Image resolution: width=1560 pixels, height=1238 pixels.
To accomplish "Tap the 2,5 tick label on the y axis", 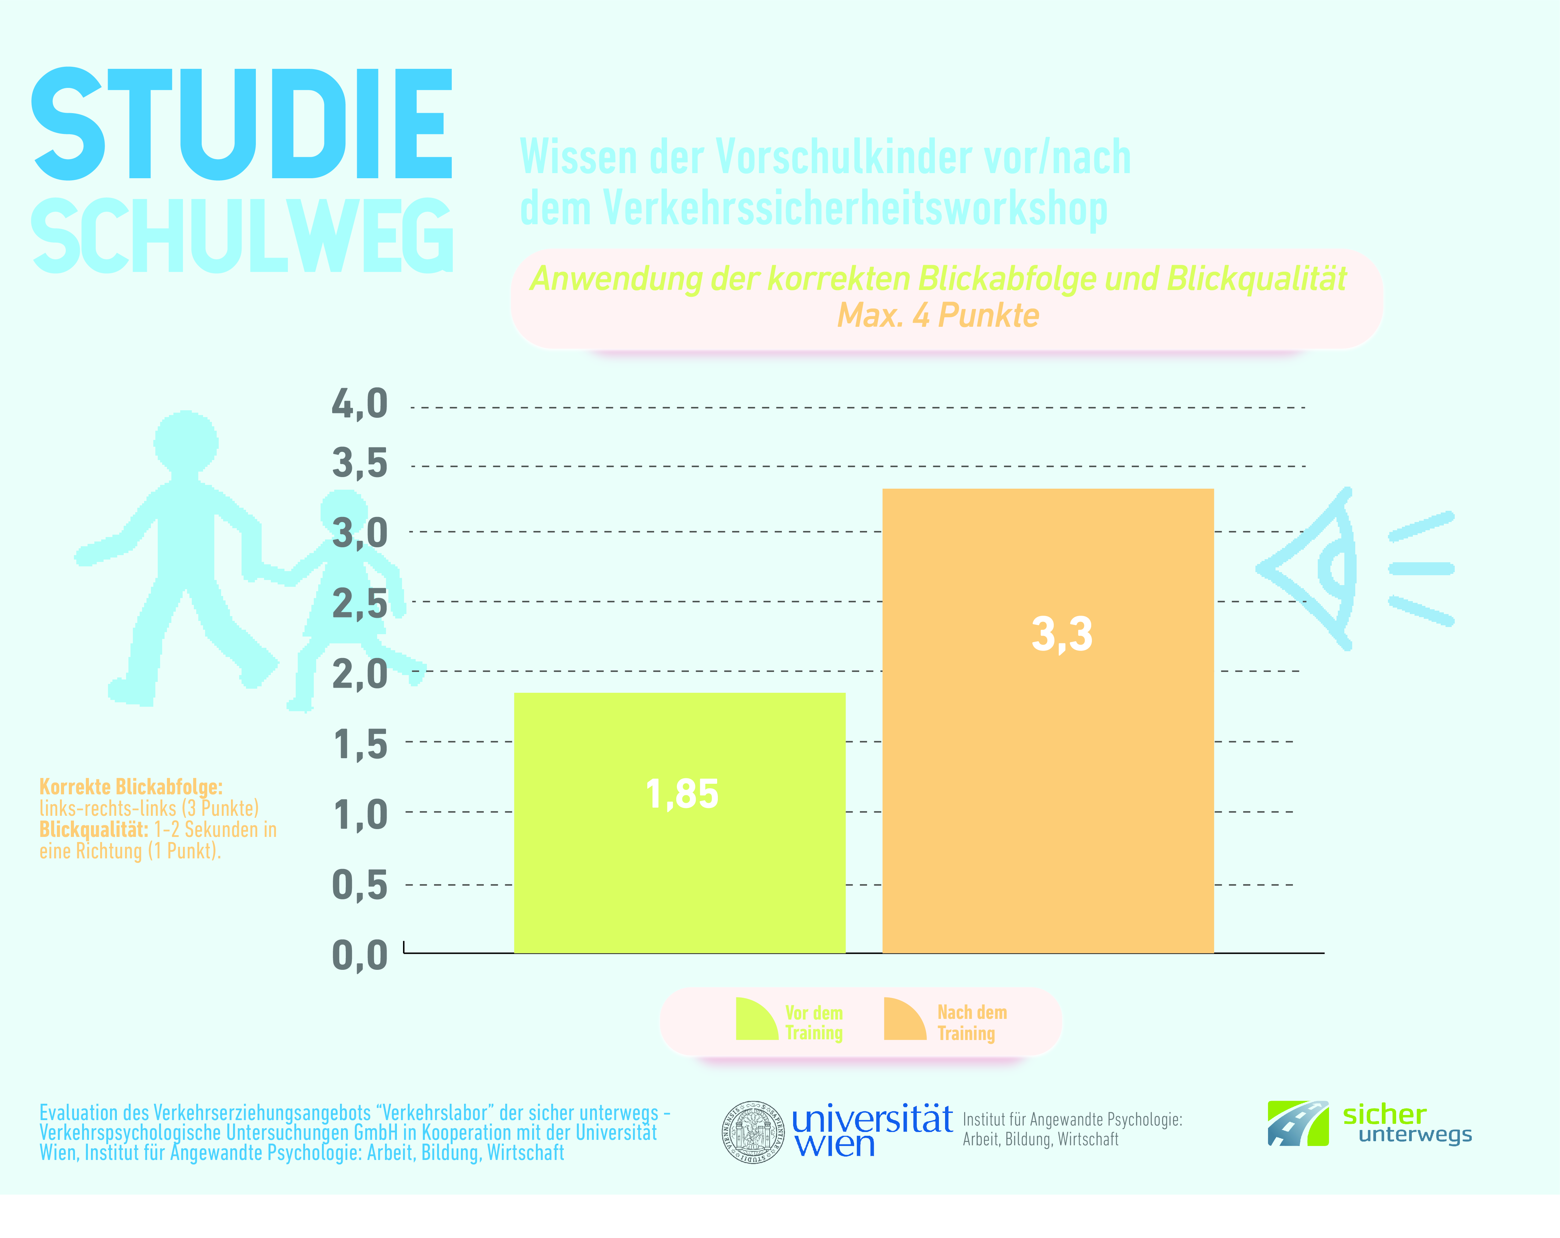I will (360, 603).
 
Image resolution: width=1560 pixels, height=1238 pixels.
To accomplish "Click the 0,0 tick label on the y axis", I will (360, 955).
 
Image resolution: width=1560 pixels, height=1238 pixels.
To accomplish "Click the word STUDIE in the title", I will (242, 124).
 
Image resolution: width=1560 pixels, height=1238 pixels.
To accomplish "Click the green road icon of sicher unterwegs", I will (1297, 1124).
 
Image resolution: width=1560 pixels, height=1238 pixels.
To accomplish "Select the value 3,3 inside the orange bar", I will (1062, 635).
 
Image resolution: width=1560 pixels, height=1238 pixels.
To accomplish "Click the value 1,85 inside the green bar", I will (682, 794).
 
